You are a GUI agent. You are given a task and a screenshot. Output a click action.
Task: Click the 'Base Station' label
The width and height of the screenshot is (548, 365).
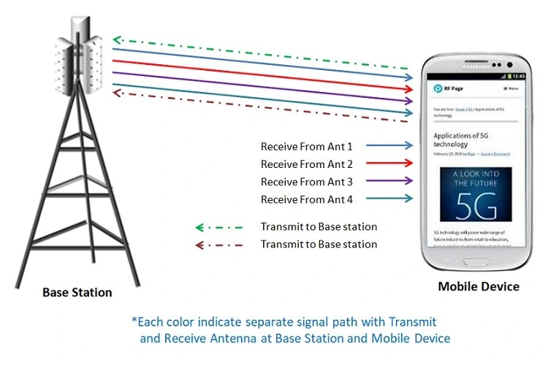point(77,293)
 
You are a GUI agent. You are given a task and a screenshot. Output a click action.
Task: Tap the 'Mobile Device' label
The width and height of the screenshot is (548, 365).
point(479,286)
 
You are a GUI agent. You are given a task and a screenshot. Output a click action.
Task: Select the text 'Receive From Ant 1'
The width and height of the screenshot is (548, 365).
point(307,146)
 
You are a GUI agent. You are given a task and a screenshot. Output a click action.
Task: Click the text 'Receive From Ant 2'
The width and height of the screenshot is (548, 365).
point(307,164)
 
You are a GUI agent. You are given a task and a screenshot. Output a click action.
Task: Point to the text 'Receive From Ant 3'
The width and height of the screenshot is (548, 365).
point(307,182)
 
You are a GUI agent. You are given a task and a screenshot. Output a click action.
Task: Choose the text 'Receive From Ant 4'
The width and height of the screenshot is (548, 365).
point(307,199)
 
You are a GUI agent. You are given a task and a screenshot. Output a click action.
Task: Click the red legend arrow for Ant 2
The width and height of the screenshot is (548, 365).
point(389,164)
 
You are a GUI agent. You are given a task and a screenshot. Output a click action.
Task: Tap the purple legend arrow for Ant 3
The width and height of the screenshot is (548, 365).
point(389,182)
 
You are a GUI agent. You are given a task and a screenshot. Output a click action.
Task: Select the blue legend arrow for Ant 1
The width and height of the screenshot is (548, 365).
point(389,146)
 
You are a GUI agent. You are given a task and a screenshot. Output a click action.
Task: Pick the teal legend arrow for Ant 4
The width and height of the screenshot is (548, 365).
point(389,199)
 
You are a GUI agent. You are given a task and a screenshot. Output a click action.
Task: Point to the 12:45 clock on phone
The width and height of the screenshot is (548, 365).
point(519,76)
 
